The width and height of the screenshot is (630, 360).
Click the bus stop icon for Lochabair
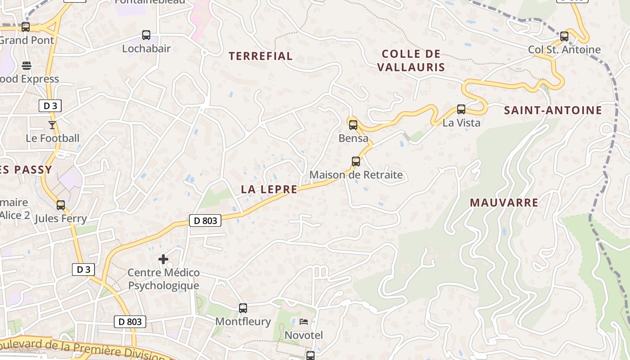146,35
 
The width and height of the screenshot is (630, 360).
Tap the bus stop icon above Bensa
353,125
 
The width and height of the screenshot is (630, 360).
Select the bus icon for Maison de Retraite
356,161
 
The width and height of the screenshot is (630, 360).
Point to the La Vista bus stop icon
461,109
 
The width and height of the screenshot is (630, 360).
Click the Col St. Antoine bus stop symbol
564,36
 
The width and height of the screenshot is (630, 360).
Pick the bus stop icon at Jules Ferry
61,205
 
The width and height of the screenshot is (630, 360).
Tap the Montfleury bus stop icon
243,308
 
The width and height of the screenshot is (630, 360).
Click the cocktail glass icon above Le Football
52,125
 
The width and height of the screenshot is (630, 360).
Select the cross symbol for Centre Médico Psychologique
163,259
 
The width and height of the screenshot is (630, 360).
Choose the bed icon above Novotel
304,321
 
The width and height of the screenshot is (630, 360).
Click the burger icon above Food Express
27,66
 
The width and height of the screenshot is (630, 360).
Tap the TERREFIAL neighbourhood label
261,56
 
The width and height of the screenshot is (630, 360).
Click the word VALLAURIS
411,67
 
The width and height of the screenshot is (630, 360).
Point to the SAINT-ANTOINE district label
553,110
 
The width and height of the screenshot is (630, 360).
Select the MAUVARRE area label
504,202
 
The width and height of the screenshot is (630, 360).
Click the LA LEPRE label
269,189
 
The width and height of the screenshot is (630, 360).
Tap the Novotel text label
304,335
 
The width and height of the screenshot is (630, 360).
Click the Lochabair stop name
146,48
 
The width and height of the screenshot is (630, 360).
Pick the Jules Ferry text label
61,219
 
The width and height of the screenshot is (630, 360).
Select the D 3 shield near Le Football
49,106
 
